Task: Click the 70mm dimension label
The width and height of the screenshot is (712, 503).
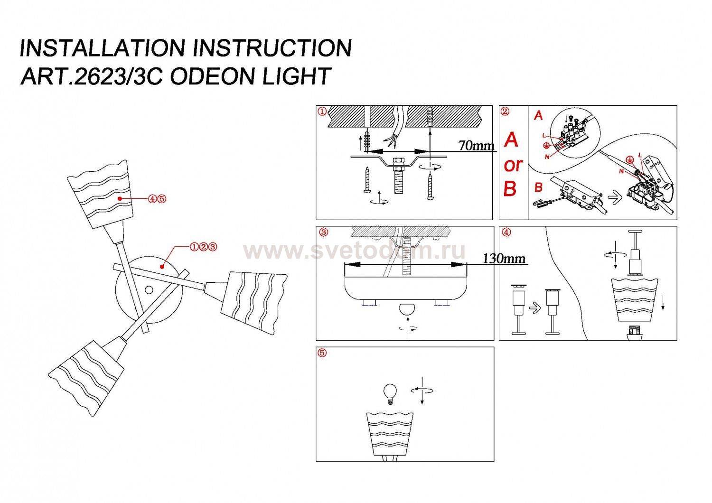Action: [x=476, y=146]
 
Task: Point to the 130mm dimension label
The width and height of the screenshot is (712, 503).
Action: [x=504, y=259]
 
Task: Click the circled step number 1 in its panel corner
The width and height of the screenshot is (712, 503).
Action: [x=322, y=112]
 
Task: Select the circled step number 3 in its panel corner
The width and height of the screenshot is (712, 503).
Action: [x=323, y=233]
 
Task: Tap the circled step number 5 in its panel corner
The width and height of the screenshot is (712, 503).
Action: [x=323, y=353]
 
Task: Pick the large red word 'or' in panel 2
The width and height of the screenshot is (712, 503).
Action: [x=513, y=165]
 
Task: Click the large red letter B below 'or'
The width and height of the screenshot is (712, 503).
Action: [x=510, y=189]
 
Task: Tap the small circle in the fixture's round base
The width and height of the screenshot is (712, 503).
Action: [x=149, y=290]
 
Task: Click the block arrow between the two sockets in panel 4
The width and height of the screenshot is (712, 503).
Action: [x=534, y=309]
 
